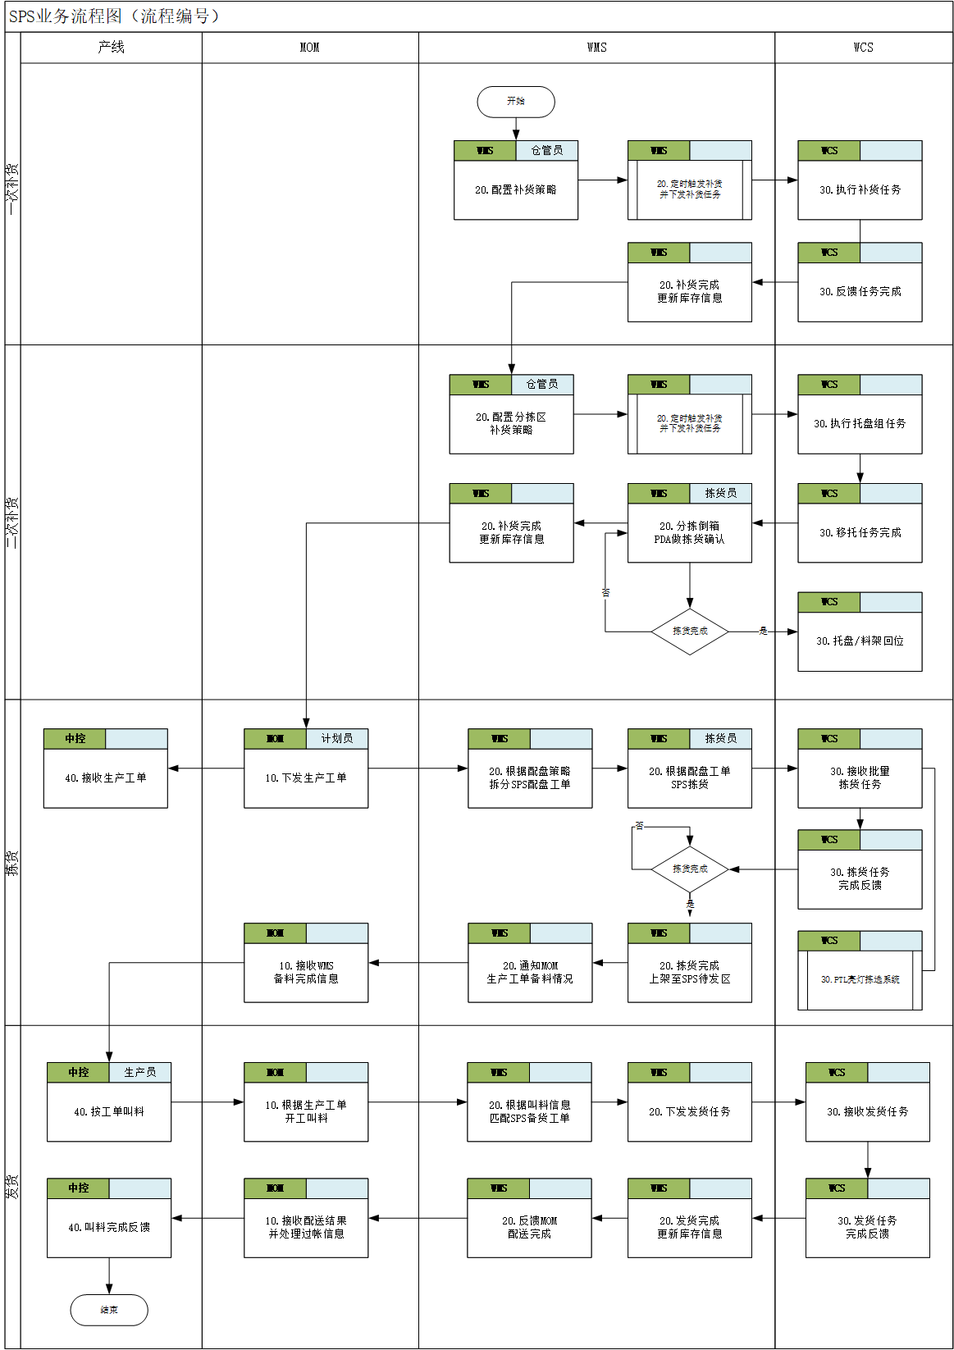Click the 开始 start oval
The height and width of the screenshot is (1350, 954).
point(515,102)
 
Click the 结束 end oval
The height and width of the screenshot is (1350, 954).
point(109,1310)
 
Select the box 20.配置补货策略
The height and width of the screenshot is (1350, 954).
point(515,189)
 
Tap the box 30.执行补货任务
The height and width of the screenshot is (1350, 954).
point(860,189)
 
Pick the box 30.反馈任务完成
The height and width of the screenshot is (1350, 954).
point(860,291)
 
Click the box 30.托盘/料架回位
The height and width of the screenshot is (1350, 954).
point(860,641)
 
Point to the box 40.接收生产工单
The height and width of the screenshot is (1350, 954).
point(105,778)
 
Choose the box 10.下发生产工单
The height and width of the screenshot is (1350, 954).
point(305,778)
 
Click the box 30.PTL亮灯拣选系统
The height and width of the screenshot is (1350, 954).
point(860,979)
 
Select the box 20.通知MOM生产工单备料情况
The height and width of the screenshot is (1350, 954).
point(529,972)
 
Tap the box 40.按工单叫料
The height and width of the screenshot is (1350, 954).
point(109,1111)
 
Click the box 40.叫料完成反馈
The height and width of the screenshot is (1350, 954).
point(109,1227)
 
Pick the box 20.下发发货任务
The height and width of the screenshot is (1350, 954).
point(689,1111)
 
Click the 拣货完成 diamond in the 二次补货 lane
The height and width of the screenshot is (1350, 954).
point(689,632)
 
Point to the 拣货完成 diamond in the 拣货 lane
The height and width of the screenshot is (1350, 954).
point(689,869)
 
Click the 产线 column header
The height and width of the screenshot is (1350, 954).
point(111,48)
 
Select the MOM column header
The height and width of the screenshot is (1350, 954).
point(309,48)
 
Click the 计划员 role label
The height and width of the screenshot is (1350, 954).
point(336,738)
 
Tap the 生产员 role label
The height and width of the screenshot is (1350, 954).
point(139,1072)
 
